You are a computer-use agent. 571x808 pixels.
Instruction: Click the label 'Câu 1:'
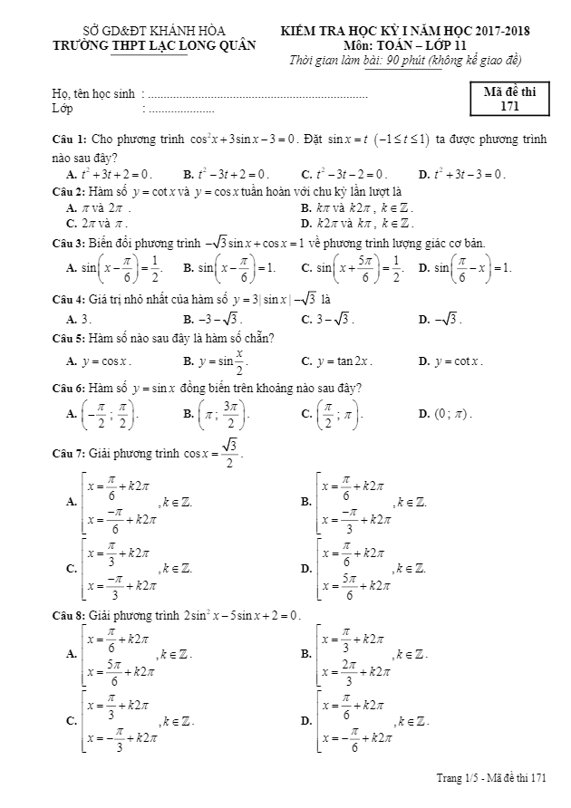(69, 139)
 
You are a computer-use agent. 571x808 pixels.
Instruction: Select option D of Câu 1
(461, 174)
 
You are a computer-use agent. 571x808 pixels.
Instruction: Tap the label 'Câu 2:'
(69, 192)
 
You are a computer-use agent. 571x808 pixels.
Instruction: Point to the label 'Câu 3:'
(69, 244)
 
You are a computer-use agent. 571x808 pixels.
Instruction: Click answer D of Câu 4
(440, 319)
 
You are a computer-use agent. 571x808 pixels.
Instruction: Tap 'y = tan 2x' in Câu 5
(336, 361)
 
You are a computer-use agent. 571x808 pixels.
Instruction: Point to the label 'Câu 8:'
(69, 617)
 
